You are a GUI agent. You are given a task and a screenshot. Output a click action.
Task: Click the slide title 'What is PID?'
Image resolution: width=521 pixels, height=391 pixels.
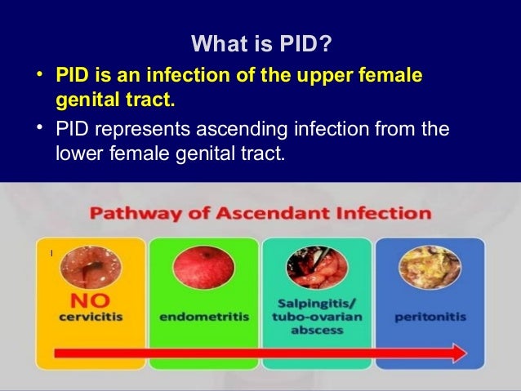[x=260, y=42]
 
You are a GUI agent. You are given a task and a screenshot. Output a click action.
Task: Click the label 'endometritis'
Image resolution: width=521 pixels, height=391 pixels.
[x=203, y=317]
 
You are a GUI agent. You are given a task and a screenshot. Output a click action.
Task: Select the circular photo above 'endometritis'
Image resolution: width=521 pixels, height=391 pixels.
[x=203, y=268]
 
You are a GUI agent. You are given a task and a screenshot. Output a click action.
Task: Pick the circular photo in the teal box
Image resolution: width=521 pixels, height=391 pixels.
[x=316, y=268]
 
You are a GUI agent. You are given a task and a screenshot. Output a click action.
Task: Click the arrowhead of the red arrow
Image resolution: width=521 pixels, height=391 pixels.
[x=457, y=353]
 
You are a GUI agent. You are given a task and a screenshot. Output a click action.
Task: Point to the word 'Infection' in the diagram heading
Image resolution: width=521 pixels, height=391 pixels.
[x=384, y=215]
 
